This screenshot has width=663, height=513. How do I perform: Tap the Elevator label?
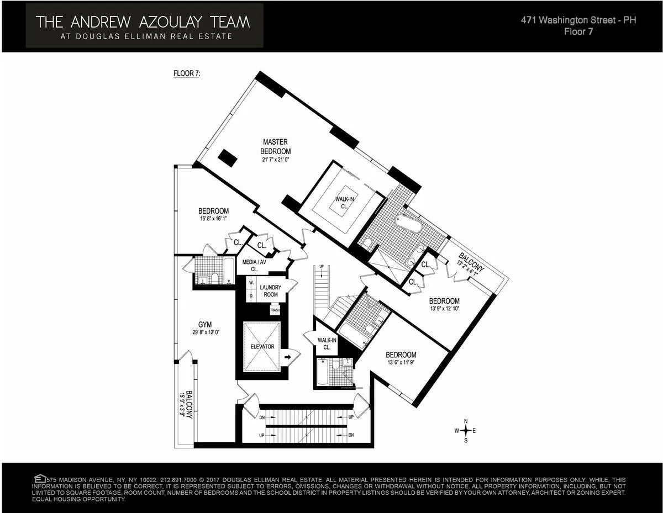[x=262, y=347]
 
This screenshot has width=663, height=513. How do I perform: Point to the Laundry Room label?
[x=271, y=290]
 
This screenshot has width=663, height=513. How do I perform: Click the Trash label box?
[x=275, y=310]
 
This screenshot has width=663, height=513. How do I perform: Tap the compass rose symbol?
[x=465, y=430]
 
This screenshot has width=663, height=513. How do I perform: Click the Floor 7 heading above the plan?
[x=187, y=73]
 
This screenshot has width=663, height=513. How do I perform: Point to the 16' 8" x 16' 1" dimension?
[x=213, y=219]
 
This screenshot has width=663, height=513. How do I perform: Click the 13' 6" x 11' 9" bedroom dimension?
[x=401, y=363]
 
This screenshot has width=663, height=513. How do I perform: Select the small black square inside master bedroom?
[x=228, y=158]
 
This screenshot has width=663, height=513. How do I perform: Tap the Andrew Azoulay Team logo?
[x=143, y=25]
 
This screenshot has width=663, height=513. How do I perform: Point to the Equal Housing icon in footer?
[x=39, y=478]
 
